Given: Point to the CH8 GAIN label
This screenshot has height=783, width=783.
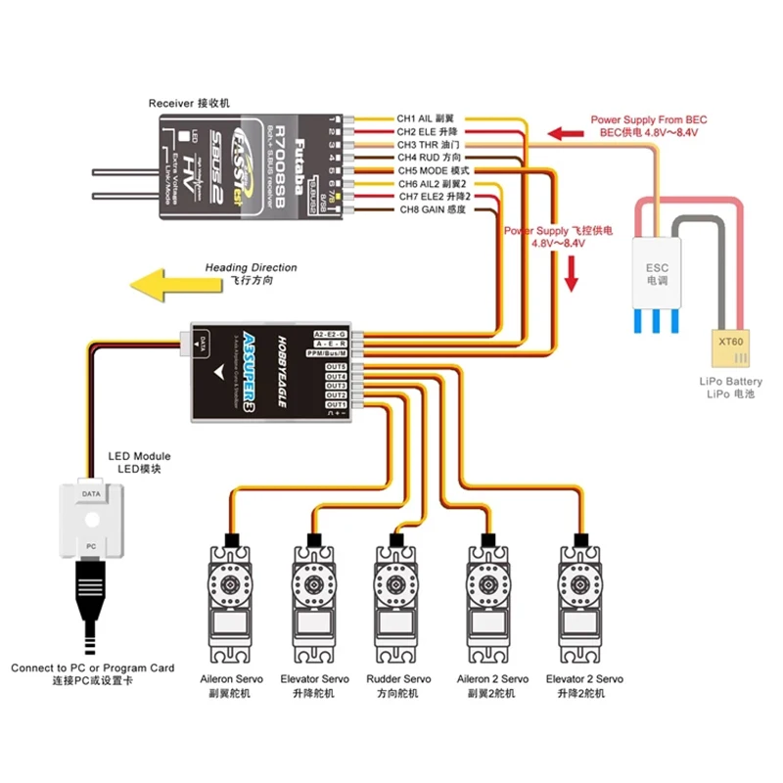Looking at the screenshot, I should click(430, 209).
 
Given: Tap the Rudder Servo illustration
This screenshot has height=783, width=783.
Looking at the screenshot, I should click(398, 596).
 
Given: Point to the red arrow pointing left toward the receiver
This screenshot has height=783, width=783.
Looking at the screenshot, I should click(566, 133).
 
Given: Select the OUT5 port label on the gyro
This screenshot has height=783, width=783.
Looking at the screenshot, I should click(337, 366).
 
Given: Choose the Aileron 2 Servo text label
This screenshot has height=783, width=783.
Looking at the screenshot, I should click(492, 678).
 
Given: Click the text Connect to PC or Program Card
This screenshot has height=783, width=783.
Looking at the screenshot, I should click(93, 668).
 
